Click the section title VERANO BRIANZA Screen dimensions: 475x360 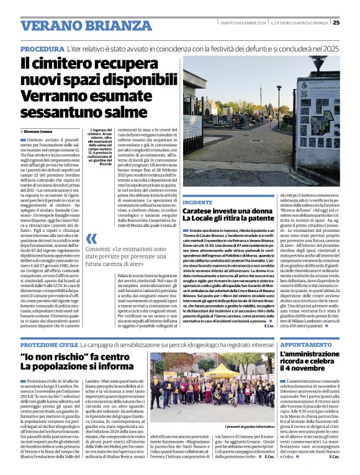tap(77, 25)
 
